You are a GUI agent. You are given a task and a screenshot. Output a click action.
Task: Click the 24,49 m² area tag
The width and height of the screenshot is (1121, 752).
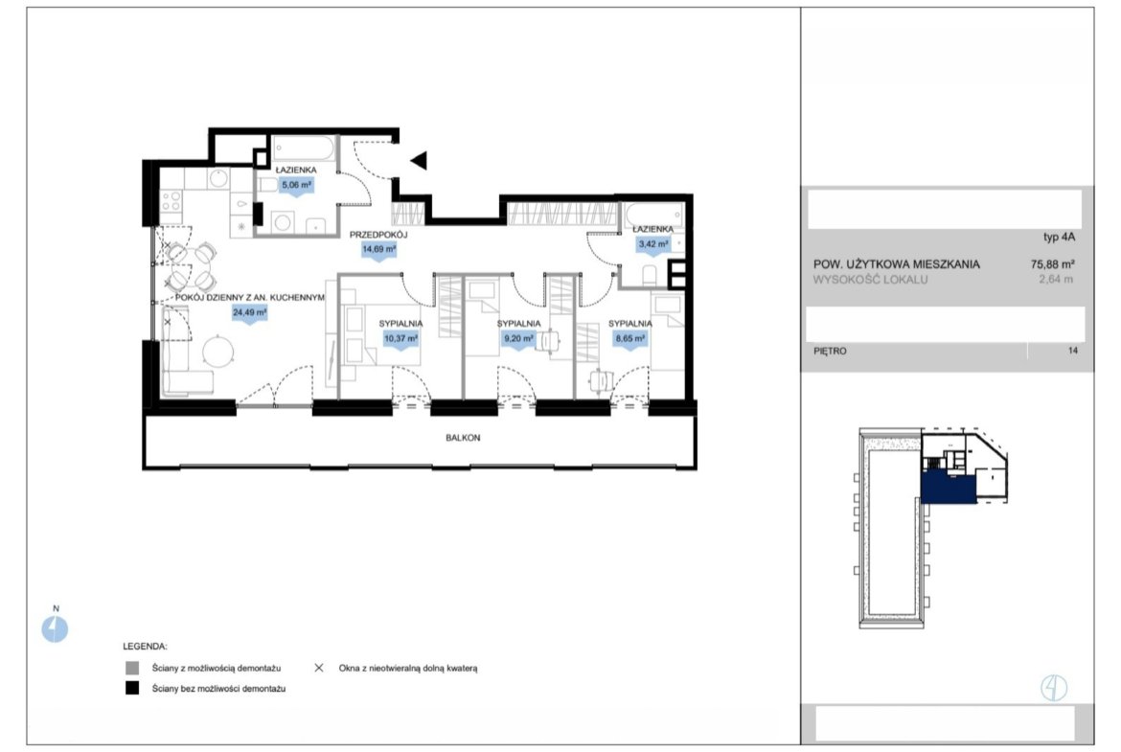coord(249,313)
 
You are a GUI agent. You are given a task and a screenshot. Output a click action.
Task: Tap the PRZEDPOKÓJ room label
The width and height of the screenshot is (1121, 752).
coord(378,235)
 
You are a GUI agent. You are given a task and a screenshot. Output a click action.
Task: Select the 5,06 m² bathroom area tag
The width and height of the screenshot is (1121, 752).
coord(296,185)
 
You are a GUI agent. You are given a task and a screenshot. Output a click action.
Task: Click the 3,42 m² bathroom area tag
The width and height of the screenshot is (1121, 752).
coord(652,244)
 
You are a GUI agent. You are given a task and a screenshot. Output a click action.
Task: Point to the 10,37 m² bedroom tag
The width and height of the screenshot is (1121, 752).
coord(400,339)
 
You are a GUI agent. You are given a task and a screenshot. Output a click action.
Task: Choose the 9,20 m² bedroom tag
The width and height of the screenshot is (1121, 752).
coord(518,339)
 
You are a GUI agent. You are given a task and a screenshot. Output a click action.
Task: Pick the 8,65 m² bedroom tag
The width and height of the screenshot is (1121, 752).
coord(629,339)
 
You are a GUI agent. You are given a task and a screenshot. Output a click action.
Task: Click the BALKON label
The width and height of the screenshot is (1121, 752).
coord(463,438)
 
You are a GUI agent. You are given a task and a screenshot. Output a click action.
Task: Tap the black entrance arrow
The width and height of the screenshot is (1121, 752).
coord(419,161)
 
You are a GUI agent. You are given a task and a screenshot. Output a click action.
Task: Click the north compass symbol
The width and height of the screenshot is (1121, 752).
coord(55,629)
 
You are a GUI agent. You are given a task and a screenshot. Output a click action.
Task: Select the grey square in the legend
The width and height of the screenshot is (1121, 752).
coord(132,668)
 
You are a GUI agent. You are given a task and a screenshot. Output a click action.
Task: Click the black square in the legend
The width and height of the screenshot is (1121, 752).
coord(132,689)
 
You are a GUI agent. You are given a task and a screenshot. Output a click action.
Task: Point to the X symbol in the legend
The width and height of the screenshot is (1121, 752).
coord(319,668)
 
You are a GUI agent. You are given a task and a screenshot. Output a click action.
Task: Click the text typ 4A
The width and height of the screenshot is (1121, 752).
coord(1059,238)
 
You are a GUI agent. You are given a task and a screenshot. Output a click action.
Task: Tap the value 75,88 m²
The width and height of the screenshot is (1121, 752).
coord(1053,263)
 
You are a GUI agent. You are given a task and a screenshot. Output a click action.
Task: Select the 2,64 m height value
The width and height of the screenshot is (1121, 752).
coord(1056,280)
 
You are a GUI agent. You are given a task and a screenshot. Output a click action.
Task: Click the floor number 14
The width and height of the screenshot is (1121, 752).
coord(1072,351)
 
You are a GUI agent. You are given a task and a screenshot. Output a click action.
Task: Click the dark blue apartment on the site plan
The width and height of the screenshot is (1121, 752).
coord(949,489)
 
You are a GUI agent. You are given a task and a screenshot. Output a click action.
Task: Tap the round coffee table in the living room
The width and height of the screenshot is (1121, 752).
coord(218,352)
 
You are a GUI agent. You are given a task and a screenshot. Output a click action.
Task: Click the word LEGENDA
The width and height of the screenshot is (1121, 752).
coord(145,647)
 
